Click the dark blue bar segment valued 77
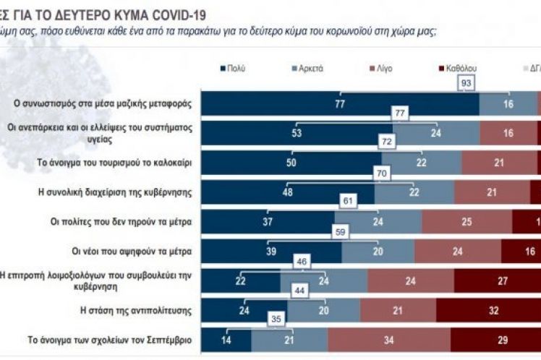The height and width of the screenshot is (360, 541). pos(339,104)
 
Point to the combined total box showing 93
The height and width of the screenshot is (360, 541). pos(467,84)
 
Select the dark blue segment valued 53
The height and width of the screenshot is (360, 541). pos(297,134)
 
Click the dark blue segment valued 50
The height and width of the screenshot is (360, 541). pos(291,163)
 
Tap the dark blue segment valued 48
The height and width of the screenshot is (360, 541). pos(288,192)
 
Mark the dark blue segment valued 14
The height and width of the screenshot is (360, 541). pos(226,340)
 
